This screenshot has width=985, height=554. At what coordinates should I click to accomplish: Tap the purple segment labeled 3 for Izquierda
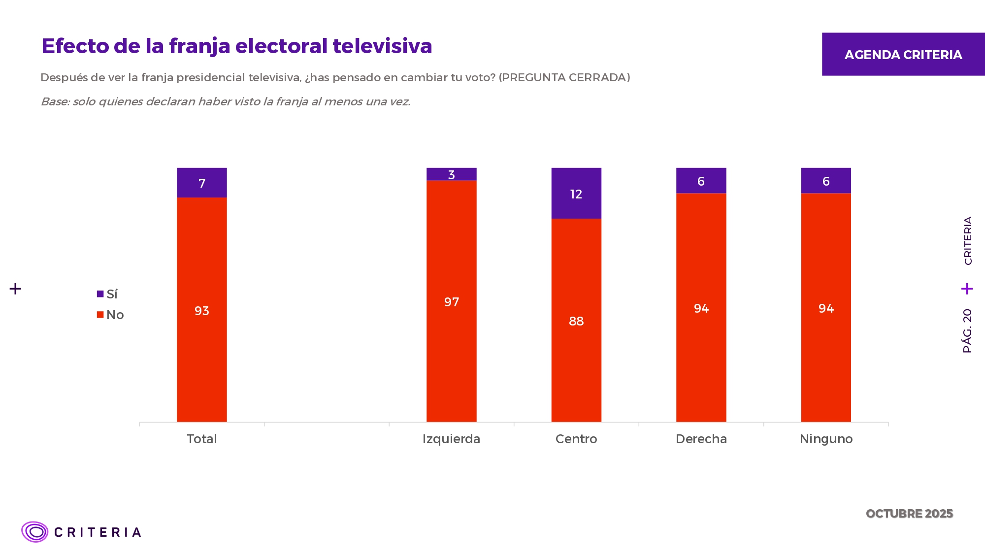[451, 174]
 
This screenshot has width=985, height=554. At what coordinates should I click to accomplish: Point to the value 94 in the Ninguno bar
[826, 309]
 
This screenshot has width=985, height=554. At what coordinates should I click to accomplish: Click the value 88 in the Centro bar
[576, 322]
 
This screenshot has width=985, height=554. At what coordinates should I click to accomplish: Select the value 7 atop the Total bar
[202, 184]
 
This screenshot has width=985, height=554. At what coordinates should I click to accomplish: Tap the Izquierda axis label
[451, 439]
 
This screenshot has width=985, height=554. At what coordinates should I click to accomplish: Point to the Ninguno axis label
[826, 439]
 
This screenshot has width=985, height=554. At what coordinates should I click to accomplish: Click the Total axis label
[202, 439]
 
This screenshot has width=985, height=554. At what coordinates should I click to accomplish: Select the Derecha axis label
[701, 439]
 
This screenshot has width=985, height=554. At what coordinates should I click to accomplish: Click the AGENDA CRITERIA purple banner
[903, 54]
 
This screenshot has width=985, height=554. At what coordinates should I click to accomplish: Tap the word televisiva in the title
[382, 46]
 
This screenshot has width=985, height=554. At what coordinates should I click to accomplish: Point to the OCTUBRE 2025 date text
[909, 514]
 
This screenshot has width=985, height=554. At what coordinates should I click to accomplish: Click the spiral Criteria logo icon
[34, 532]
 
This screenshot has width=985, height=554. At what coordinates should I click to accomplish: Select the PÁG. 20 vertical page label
[967, 331]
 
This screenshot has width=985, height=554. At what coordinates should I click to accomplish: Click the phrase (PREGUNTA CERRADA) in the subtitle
[564, 78]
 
